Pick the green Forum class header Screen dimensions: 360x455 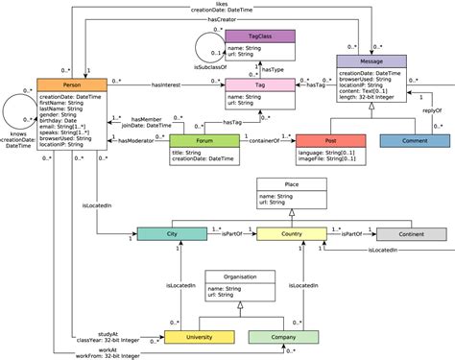coord(204,140)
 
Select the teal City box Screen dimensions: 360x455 coord(170,233)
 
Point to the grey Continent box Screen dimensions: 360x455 coord(410,233)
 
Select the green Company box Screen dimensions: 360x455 coord(282,337)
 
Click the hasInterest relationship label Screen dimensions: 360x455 coord(170,85)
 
